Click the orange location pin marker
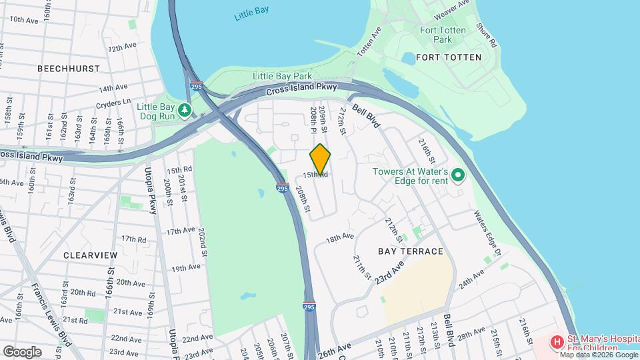click(x=320, y=159)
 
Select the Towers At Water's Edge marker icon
click(x=458, y=176)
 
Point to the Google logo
click(x=22, y=351)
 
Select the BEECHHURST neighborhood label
click(x=69, y=69)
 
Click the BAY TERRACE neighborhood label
click(x=410, y=251)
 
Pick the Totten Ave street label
click(x=369, y=41)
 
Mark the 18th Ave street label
click(x=339, y=237)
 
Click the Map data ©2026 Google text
click(x=598, y=354)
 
